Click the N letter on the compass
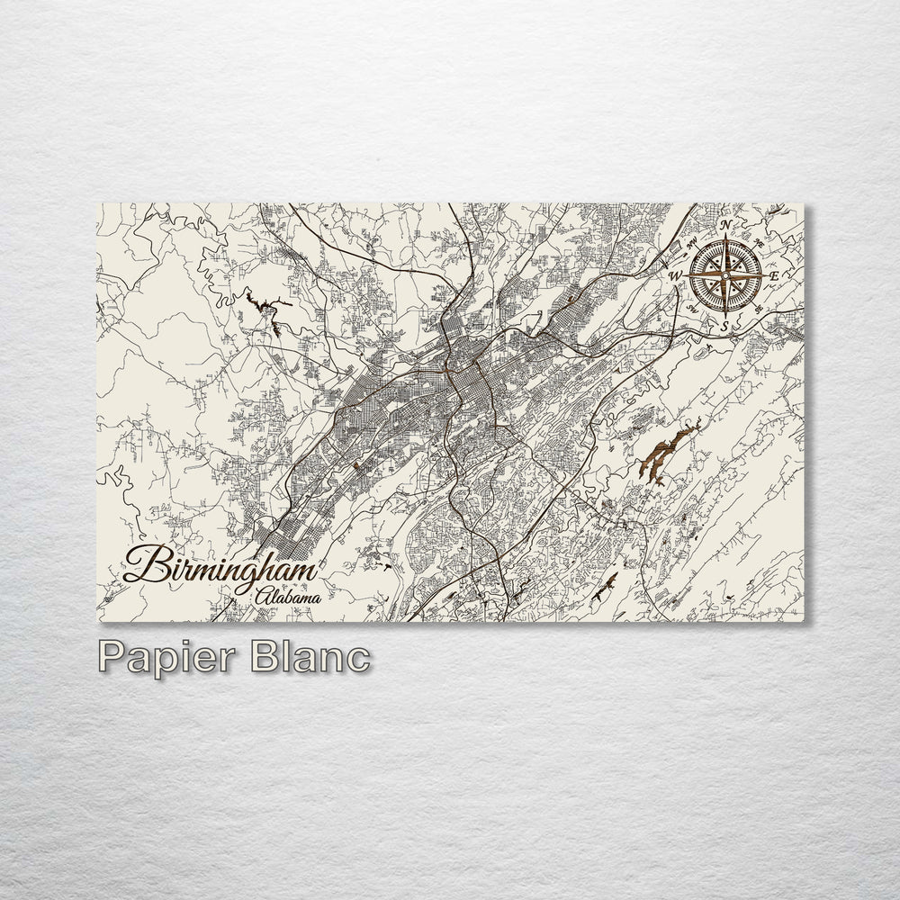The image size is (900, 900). [x=725, y=224]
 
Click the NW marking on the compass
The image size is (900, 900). [x=692, y=241]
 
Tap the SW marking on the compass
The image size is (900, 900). [x=692, y=307]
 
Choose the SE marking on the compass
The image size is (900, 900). [x=759, y=307]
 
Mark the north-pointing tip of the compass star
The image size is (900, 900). [x=725, y=236]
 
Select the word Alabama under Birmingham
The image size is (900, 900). [x=288, y=596]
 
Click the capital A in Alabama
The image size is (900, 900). [x=262, y=595]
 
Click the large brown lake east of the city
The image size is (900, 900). [x=666, y=454]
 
